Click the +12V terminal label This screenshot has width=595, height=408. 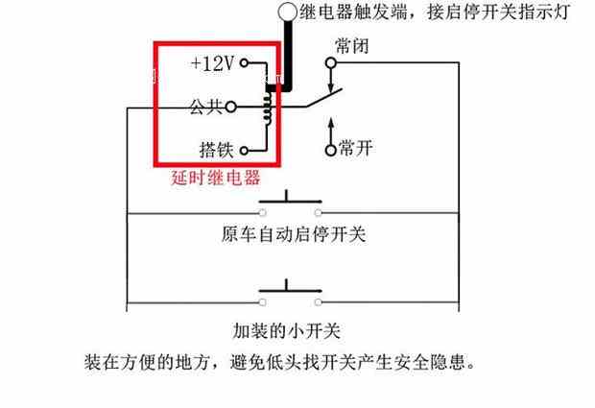pos(212,64)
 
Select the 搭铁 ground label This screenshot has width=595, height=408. pos(217,150)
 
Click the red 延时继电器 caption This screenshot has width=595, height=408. pos(215,179)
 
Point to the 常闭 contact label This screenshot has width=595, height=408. pos(350,45)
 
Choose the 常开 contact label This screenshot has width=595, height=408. pos(357,149)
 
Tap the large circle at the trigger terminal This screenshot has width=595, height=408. pos(287,12)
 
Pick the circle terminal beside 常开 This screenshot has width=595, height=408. pos(332,149)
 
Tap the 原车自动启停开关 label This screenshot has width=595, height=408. pos(293,234)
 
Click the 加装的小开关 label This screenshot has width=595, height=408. pos(287,330)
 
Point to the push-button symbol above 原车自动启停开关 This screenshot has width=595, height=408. pos(288,204)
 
